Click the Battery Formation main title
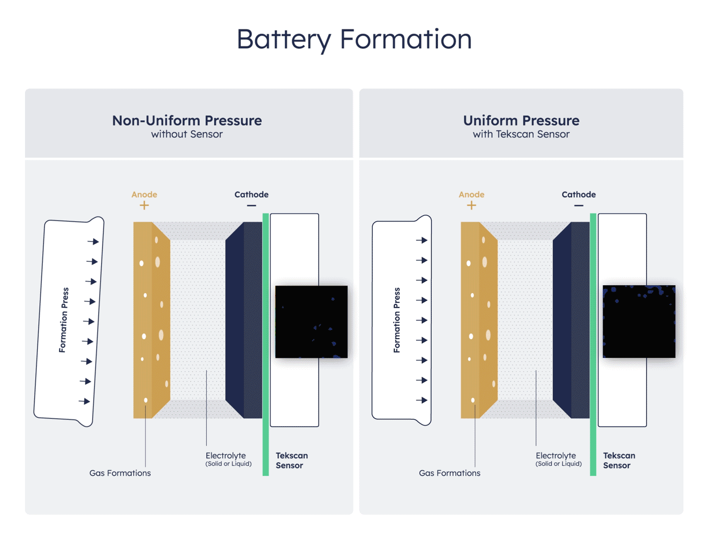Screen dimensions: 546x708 coord(354,39)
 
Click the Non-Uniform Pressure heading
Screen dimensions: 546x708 coord(187,121)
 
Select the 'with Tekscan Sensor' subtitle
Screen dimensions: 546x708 coord(521,134)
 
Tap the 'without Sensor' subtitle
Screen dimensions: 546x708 coord(187,134)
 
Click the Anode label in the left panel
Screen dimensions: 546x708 coord(144,194)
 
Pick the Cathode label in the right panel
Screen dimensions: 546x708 coord(578,194)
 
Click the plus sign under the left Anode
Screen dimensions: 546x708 coord(144,205)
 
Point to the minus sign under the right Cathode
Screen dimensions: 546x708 coord(579,206)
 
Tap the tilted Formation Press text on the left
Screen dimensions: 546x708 coord(64,320)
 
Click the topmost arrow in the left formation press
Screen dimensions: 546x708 coord(93,242)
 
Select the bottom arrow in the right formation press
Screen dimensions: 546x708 coord(421,400)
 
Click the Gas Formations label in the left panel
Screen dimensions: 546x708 coord(120,473)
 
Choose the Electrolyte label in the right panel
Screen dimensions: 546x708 coord(556,455)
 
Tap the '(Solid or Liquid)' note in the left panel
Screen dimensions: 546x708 coord(228,464)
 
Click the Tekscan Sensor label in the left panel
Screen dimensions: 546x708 coord(291,460)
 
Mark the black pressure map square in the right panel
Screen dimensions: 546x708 coord(639,321)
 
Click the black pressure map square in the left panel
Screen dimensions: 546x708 coord(312,321)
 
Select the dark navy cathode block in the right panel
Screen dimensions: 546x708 coord(571,320)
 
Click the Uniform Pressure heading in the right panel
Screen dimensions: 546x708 coord(521,121)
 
